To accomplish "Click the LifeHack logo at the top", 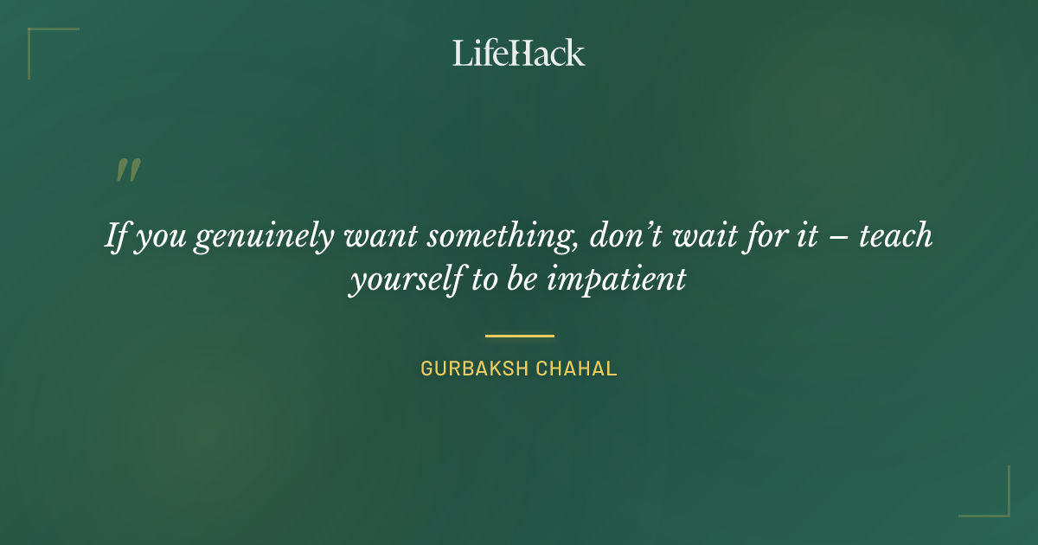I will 519,52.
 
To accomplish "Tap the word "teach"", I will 895,235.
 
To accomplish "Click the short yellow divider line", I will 519,336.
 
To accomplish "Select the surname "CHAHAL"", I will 577,369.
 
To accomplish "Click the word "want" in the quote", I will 375,235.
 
